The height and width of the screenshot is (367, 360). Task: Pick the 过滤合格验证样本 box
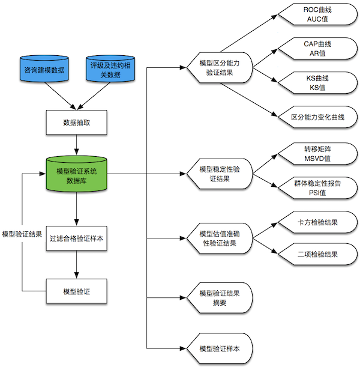(x=77, y=238)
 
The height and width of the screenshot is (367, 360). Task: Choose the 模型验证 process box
(x=77, y=291)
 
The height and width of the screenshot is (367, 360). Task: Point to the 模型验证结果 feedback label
(x=22, y=234)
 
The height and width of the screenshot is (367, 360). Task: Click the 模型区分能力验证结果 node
(x=218, y=67)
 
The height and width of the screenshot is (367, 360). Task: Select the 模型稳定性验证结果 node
(x=219, y=174)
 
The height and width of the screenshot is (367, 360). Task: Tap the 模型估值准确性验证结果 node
(x=219, y=238)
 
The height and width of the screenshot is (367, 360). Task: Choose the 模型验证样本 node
(x=219, y=349)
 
